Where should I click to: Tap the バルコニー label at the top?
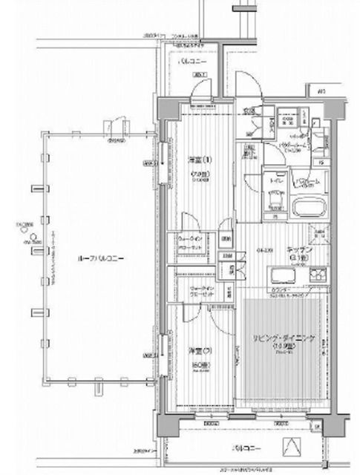pos(195,64)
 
